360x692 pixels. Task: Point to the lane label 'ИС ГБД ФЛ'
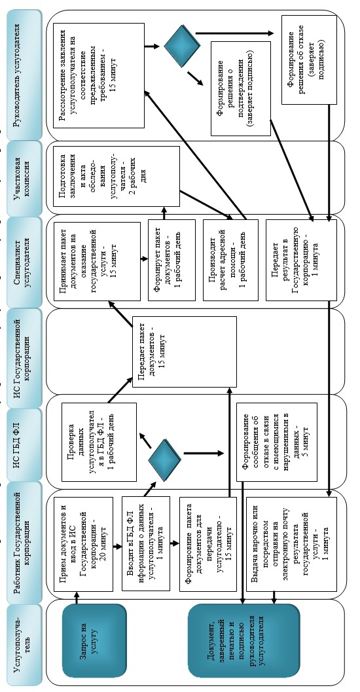pos(24,436)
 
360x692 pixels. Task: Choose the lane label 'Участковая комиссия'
pos(24,177)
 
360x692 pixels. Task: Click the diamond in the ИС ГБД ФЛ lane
pos(164,460)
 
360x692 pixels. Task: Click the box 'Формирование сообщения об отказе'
pos(277,442)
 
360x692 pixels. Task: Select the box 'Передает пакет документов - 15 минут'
pos(185,352)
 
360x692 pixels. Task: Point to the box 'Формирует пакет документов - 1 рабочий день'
pos(171,261)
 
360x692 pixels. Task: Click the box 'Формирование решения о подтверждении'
pos(241,88)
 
